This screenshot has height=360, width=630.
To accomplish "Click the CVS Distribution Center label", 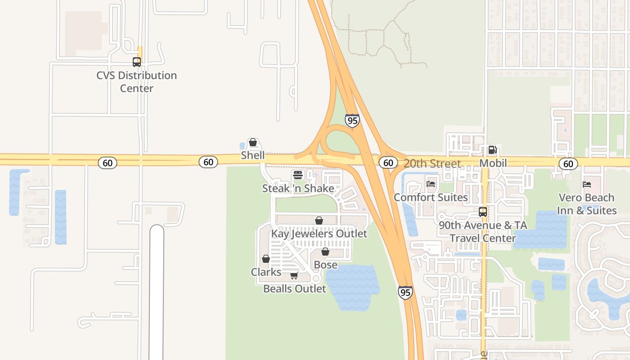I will click(136, 81).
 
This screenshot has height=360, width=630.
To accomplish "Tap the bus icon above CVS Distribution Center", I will click(136, 62).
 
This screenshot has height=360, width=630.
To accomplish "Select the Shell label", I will click(253, 155).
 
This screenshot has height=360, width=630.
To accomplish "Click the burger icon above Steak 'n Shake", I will click(298, 175).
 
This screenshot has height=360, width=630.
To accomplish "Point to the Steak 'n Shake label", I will click(298, 188).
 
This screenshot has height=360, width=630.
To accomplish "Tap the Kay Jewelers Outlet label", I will click(319, 234).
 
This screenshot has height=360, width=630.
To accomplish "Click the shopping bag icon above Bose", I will click(325, 252).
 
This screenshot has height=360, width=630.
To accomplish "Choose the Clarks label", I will click(266, 272).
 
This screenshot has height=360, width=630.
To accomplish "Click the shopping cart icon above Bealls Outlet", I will click(294, 275).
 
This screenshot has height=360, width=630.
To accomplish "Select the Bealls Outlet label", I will click(294, 288).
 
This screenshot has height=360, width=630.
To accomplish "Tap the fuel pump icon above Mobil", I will click(493, 150).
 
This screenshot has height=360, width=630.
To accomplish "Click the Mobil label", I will click(493, 163).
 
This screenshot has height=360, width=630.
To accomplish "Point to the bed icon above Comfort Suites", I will click(431, 184).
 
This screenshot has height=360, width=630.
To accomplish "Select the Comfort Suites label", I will click(431, 197).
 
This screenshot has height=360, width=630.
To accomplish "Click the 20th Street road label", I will click(432, 163).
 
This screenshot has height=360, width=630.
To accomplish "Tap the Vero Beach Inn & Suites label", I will click(587, 204).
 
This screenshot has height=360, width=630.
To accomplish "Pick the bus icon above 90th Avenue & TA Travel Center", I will click(483, 211).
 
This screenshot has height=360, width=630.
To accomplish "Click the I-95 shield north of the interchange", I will click(352, 121).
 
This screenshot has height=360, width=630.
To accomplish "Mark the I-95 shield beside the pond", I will click(405, 292).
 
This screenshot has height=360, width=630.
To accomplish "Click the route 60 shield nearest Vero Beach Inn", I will click(568, 163).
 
